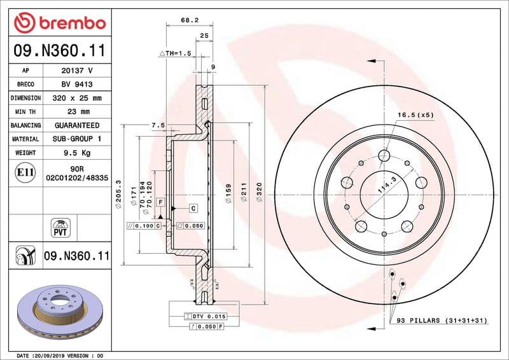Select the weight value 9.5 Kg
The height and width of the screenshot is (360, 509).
(x=77, y=153)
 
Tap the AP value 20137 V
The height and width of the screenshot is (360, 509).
(x=77, y=71)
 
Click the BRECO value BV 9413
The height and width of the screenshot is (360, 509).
(x=77, y=84)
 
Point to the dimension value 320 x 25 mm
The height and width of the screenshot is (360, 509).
(x=77, y=98)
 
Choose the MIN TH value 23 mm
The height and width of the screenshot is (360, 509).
(x=77, y=112)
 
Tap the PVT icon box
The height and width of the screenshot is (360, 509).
(x=59, y=226)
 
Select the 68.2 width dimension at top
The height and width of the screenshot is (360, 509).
(x=188, y=21)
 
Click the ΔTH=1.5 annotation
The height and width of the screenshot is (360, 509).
(x=175, y=53)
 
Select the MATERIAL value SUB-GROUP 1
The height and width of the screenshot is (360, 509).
(x=77, y=139)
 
